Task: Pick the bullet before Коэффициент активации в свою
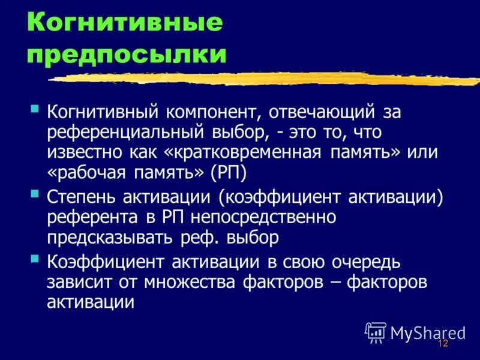35,259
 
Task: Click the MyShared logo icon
376,332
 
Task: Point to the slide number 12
443,344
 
